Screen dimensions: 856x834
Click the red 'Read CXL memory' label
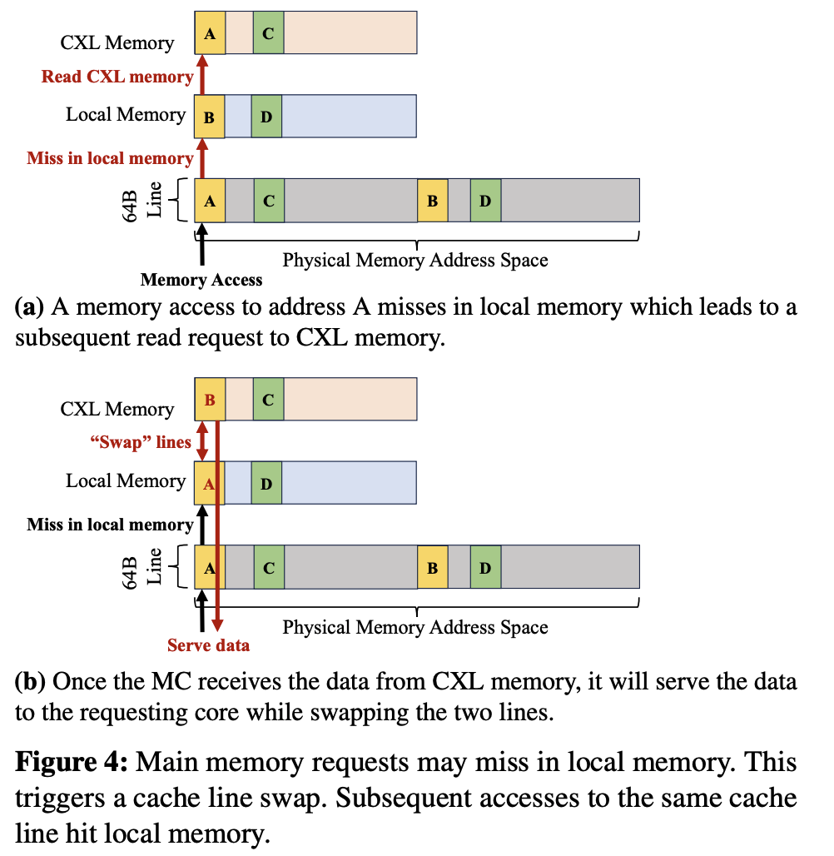[x=117, y=77]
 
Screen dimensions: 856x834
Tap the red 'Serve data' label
[x=208, y=644]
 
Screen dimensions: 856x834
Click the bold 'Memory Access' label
[x=201, y=280]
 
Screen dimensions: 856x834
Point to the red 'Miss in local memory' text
[x=110, y=157]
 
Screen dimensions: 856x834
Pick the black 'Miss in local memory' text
[x=110, y=525]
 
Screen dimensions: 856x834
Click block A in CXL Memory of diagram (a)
[x=210, y=34]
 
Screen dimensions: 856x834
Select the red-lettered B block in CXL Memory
[x=209, y=400]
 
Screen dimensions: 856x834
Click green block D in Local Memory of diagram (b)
[x=266, y=483]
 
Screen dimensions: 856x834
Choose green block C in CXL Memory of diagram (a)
[x=268, y=34]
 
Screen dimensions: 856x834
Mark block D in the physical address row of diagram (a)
[x=485, y=201]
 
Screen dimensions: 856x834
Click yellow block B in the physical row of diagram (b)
[x=432, y=567]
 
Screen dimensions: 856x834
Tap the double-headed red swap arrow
[x=201, y=442]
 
